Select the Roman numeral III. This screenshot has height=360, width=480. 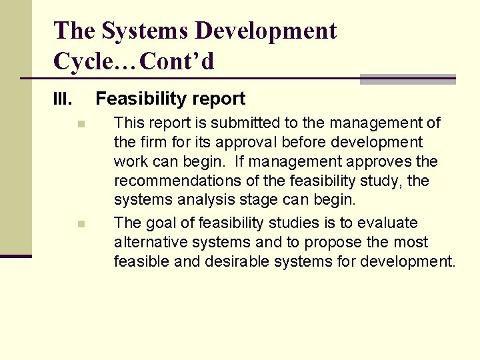63,100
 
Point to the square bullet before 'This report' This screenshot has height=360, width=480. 80,123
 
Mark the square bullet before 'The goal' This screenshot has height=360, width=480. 80,224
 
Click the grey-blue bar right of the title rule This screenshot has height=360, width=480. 407,79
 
